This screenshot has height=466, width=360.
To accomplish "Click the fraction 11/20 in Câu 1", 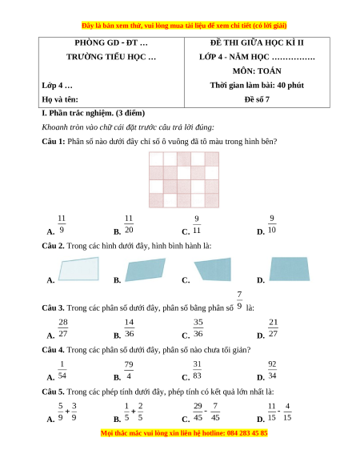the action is click(129, 224).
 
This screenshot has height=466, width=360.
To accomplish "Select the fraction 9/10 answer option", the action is click(272, 224).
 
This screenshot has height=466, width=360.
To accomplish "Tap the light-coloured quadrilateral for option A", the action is click(78, 269).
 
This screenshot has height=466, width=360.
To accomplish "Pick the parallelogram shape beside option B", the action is click(146, 270).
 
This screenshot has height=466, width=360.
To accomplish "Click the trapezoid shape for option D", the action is click(290, 269).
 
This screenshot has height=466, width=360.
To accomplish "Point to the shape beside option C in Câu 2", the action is click(213, 269).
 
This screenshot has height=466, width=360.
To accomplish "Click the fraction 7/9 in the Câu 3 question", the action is click(239, 300).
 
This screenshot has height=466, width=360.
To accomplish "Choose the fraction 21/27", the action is click(273, 327).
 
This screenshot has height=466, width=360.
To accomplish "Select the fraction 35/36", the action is click(198, 327).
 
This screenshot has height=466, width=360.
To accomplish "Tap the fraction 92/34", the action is click(272, 370).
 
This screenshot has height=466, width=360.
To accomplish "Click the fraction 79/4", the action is click(129, 370).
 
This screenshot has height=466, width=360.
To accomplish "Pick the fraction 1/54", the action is click(62, 370).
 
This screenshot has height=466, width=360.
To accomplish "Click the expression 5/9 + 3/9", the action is click(67, 412).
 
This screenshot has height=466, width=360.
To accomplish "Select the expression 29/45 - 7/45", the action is click(206, 412).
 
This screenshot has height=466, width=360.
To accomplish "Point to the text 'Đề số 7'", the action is click(257, 99).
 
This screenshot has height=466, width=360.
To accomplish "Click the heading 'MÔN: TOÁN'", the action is click(257, 71).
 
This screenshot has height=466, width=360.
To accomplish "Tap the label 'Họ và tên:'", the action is click(60, 99).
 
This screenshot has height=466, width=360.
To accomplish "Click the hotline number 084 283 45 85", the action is click(247, 433).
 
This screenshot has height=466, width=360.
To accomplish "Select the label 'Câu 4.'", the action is click(53, 350).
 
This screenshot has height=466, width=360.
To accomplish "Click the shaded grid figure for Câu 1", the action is click(184, 180).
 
